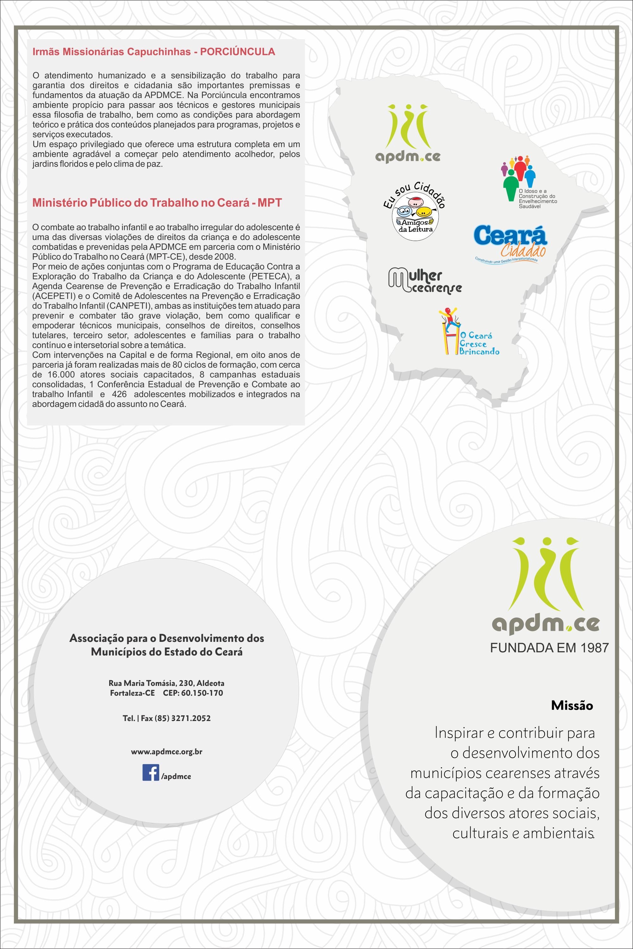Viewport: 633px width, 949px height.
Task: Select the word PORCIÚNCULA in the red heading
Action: [237, 52]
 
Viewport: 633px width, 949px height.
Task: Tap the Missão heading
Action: [572, 705]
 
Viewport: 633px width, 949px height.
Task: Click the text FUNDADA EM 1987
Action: [549, 648]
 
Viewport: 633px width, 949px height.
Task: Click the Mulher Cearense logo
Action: [425, 280]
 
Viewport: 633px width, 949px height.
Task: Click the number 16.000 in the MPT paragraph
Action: [61, 374]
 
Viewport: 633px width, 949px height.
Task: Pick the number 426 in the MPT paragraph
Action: [119, 394]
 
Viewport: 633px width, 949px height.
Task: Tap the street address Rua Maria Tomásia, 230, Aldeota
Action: [166, 683]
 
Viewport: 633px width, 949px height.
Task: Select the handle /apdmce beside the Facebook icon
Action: [176, 776]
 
